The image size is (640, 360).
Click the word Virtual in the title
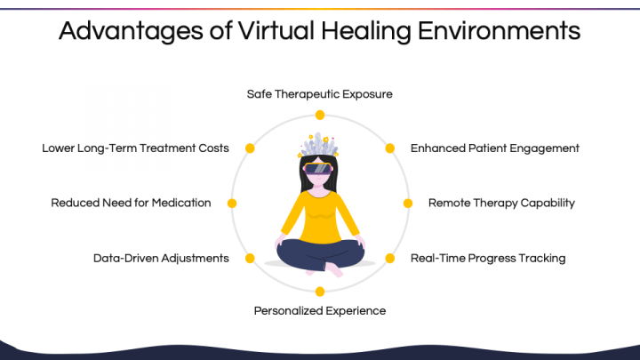[x=276, y=30]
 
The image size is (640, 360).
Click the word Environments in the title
[x=499, y=30]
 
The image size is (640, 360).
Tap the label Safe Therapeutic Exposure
[x=320, y=94]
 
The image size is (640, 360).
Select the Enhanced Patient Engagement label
[x=495, y=148]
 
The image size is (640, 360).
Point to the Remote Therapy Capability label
[x=501, y=203]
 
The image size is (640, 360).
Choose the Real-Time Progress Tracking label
[x=488, y=258]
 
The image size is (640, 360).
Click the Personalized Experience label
[x=320, y=311]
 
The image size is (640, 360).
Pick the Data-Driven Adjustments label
[x=161, y=258]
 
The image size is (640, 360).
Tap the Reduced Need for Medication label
[x=131, y=203]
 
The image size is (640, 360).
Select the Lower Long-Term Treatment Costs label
[x=135, y=148]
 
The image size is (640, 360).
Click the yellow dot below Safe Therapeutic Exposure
[x=320, y=115]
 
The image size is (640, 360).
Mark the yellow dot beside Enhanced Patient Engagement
[x=390, y=148]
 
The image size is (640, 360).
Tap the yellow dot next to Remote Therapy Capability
[x=408, y=204]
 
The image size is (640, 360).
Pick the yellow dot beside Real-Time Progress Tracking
[x=390, y=258]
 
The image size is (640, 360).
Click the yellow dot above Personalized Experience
[x=320, y=292]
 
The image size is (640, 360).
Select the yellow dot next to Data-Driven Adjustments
[x=250, y=258]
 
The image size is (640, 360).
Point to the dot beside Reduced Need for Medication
[x=232, y=204]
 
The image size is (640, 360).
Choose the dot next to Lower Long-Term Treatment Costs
[x=250, y=148]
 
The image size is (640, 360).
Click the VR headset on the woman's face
[x=318, y=169]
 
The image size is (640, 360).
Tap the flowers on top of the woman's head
[x=318, y=145]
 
